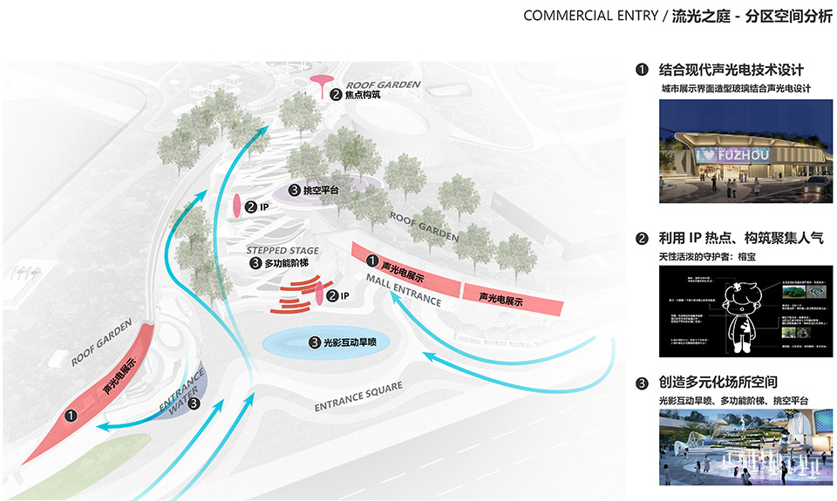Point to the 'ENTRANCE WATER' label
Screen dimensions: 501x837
tap(181, 389)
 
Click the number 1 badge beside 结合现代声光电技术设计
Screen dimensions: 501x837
tap(643, 70)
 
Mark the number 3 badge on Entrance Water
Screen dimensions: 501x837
tap(194, 403)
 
